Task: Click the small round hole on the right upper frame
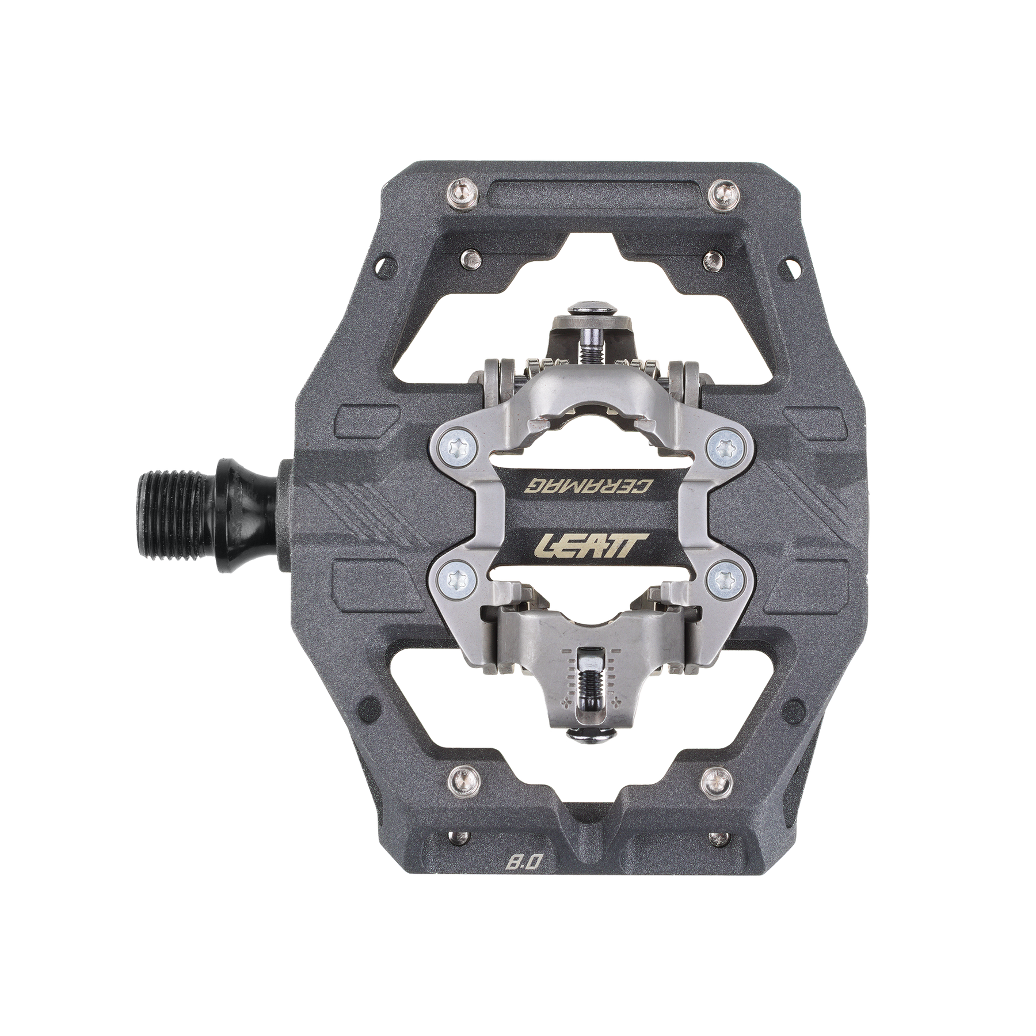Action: click(793, 266)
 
